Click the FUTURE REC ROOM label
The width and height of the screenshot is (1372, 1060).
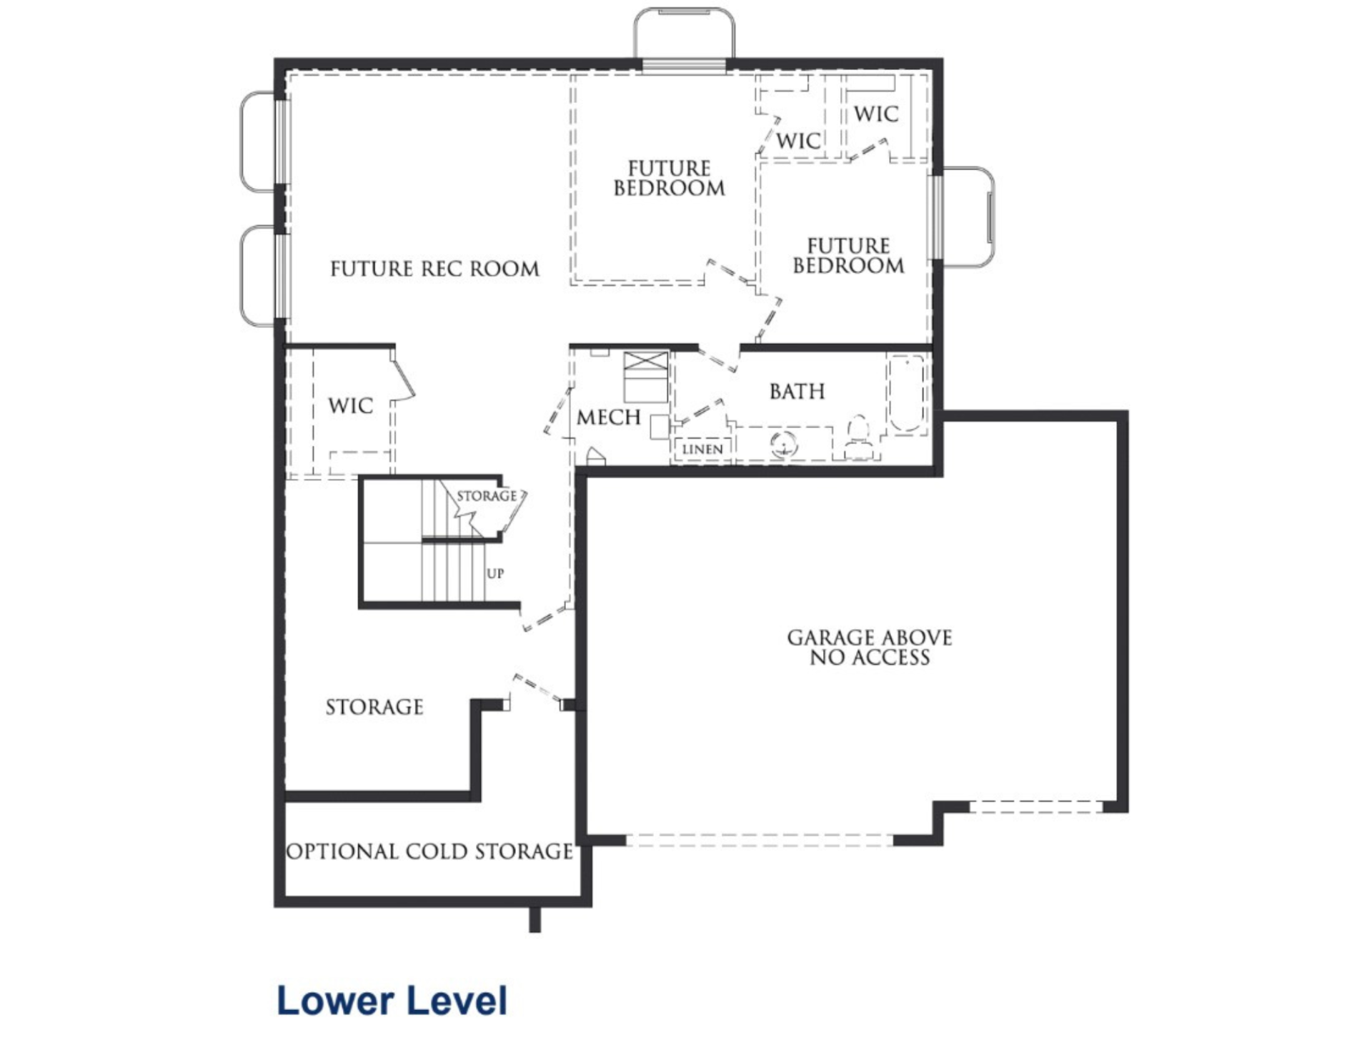434,269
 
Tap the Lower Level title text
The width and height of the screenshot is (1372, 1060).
392,1000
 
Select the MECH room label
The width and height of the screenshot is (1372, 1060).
608,417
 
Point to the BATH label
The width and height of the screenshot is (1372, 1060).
797,392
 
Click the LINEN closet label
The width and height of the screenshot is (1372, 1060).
702,450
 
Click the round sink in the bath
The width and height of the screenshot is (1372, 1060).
783,445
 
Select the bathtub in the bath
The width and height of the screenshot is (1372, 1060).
906,394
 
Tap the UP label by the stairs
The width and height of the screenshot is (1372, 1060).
495,573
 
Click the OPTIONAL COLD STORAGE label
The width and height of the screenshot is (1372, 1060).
429,851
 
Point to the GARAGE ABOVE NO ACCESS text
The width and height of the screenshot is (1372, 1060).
870,648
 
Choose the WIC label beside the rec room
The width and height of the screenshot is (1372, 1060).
350,406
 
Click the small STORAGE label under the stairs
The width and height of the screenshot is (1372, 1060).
487,496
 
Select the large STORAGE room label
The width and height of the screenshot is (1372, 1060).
374,707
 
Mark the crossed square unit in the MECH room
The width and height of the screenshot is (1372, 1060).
646,377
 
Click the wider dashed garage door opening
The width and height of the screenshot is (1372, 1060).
760,841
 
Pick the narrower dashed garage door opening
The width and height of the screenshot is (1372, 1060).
1036,807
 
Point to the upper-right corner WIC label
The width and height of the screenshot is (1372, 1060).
876,114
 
